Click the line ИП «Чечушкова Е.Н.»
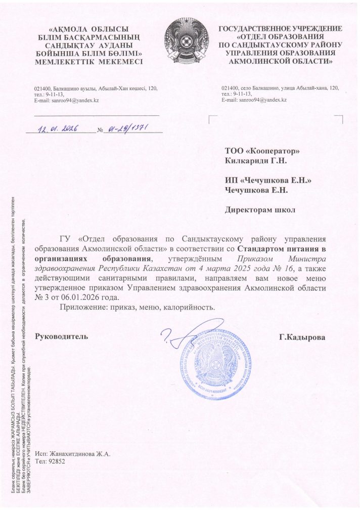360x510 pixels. click(x=267, y=180)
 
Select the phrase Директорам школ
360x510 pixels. click(x=260, y=209)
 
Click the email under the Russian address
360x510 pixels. click(x=254, y=100)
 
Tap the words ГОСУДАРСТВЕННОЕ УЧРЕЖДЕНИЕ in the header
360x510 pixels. click(x=280, y=29)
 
